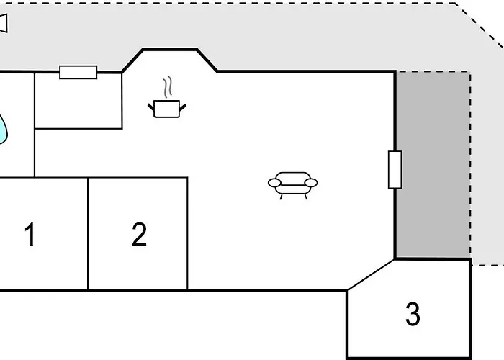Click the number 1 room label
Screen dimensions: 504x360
[30, 234]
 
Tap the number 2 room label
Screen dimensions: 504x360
[139, 234]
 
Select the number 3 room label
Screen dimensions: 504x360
[413, 314]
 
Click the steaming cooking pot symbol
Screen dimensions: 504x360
[167, 97]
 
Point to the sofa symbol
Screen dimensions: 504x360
[293, 186]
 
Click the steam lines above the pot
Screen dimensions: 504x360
[168, 87]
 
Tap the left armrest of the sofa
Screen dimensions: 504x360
[274, 183]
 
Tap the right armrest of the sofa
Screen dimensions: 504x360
[311, 183]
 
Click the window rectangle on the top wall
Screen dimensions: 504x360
[78, 72]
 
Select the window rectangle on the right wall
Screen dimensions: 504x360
[395, 169]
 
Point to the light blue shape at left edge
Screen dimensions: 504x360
[3, 129]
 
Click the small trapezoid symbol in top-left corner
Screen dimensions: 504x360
[3, 23]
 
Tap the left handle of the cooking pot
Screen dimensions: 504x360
[151, 107]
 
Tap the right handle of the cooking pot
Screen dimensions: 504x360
[182, 108]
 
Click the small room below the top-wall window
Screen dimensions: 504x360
[78, 101]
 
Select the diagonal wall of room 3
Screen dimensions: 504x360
[372, 275]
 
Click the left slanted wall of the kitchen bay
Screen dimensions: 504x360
[132, 60]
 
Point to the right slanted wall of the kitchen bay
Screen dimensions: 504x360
[207, 60]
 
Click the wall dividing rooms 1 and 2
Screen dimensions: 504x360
[88, 234]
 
